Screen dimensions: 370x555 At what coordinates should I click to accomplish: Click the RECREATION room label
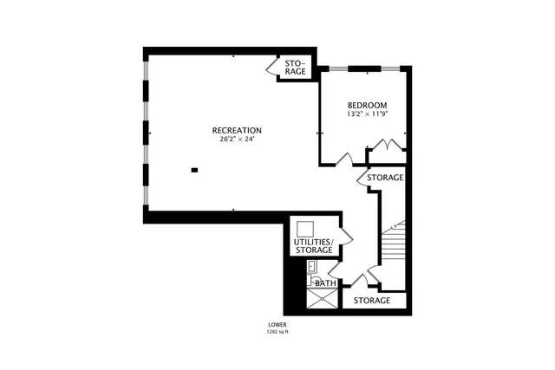(x=237, y=130)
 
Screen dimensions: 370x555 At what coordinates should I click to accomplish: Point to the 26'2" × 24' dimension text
(x=237, y=140)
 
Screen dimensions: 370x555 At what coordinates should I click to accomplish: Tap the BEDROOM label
(x=367, y=105)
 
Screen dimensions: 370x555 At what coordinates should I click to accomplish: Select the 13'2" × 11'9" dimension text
(x=367, y=114)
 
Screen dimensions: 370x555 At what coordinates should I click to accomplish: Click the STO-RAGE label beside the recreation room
(x=297, y=68)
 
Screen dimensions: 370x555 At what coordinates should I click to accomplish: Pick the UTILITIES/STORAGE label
(x=312, y=245)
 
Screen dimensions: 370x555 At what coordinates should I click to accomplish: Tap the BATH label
(x=326, y=283)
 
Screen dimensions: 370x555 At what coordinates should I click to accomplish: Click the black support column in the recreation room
(x=194, y=169)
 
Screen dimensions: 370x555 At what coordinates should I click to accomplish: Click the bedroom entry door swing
(x=344, y=159)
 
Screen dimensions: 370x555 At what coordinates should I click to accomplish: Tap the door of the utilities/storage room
(x=345, y=235)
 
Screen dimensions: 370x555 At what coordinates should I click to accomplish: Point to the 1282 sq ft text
(x=277, y=332)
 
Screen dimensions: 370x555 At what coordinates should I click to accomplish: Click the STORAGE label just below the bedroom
(x=385, y=178)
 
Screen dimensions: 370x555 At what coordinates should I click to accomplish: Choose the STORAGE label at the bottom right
(x=372, y=301)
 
